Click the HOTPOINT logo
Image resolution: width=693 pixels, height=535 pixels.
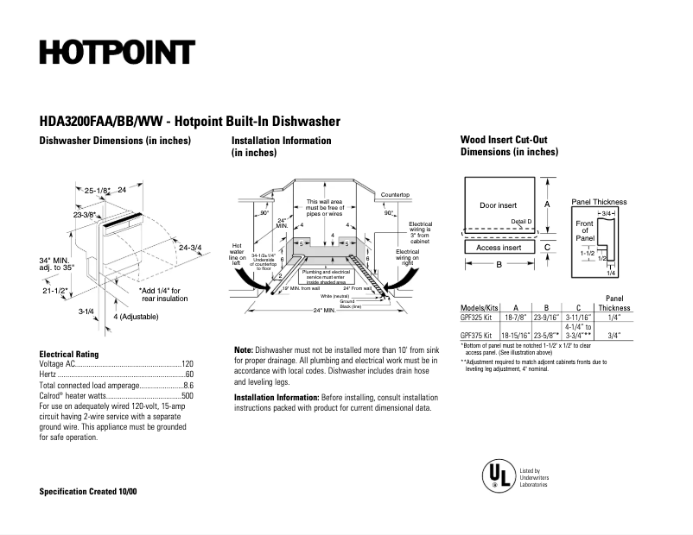(x=117, y=53)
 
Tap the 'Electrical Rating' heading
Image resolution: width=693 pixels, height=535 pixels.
(x=69, y=354)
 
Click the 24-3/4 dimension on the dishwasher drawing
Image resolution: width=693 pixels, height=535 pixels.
(x=189, y=248)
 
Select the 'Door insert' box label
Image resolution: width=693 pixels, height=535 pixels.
(x=498, y=205)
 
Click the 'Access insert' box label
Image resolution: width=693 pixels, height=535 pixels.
(x=499, y=248)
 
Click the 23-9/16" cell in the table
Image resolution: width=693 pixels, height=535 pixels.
(x=546, y=318)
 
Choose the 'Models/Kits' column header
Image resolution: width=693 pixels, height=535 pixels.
(x=480, y=307)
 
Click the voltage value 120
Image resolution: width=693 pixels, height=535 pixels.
(x=187, y=364)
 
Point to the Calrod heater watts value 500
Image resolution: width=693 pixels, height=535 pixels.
(x=187, y=395)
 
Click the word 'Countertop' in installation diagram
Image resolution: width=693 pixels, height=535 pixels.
(x=395, y=195)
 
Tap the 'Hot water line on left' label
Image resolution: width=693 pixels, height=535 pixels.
(x=238, y=251)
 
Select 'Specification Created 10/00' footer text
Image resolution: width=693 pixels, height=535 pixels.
(x=88, y=491)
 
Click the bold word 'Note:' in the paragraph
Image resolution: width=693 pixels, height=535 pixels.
(x=244, y=349)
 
